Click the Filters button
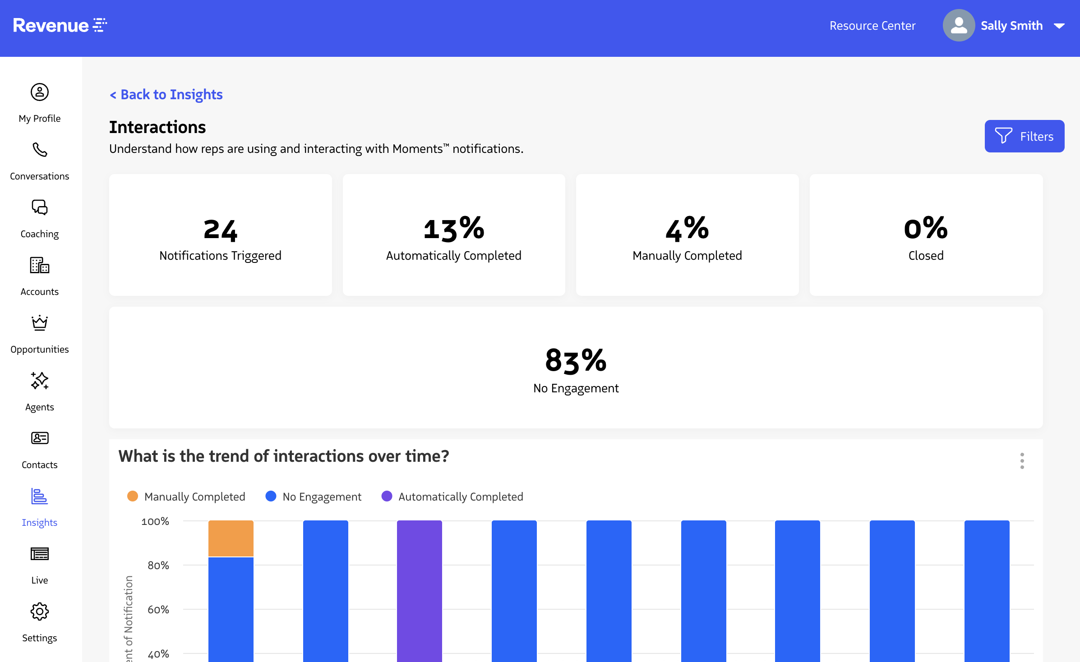point(1024,136)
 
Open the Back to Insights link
point(166,95)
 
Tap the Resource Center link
point(872,26)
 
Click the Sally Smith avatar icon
point(959,26)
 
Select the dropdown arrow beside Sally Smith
point(1059,26)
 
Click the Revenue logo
point(60,25)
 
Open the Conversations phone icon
point(40,150)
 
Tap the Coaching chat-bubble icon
point(40,207)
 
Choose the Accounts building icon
point(40,265)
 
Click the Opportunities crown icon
point(40,323)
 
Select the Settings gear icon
point(40,611)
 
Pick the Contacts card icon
point(40,438)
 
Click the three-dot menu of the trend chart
point(1022,461)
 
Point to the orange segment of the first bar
point(231,538)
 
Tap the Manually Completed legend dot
point(133,496)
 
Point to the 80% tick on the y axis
point(158,565)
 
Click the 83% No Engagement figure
point(576,361)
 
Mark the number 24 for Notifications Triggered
point(220,230)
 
